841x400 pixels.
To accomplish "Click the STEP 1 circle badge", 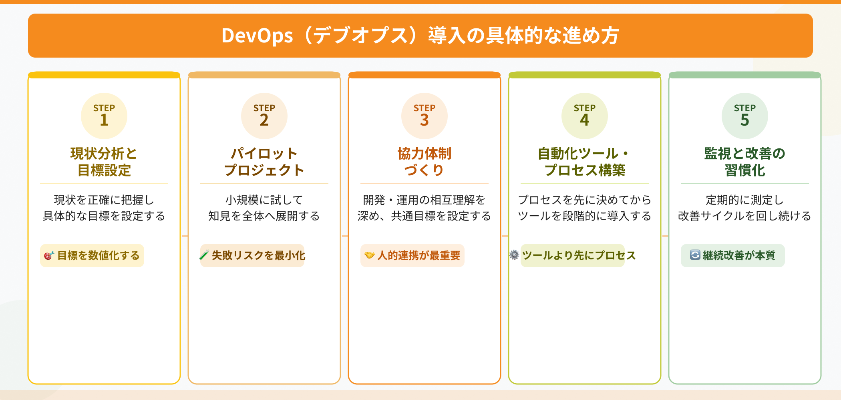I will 104,116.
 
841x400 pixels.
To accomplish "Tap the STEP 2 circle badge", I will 264,116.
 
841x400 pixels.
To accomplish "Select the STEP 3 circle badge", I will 425,116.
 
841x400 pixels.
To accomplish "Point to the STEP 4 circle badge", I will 585,116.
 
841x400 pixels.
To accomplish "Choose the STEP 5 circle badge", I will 745,116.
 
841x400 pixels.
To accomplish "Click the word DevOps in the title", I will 257,36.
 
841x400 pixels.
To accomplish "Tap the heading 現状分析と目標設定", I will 104,162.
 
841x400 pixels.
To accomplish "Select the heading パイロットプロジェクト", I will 264,162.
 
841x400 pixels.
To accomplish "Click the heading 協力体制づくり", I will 425,162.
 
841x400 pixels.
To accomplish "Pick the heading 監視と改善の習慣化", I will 745,162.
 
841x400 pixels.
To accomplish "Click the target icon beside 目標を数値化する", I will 49,256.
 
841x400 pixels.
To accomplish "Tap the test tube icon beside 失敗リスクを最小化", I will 204,255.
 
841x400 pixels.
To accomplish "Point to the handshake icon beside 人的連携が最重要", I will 369,255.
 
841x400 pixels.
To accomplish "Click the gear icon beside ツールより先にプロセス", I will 514,255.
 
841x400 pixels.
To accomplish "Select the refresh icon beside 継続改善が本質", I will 695,255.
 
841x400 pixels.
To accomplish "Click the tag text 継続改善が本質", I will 739,256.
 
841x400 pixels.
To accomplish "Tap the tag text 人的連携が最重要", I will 419,256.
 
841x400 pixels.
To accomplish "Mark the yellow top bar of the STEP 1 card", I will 104,75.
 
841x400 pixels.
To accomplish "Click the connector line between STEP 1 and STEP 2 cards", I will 184,236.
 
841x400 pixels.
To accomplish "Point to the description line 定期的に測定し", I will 745,200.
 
